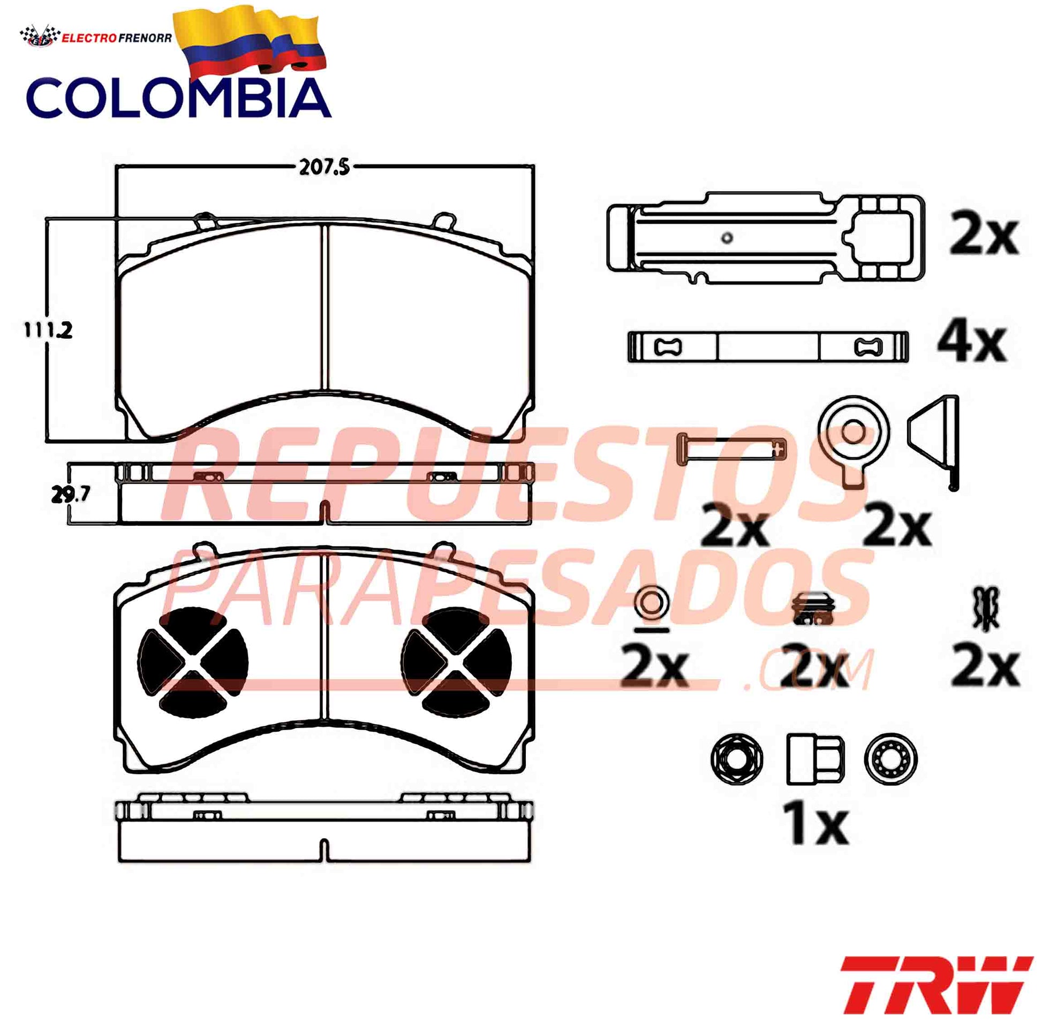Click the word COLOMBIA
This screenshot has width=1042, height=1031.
178,98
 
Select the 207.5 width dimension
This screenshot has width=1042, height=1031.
324,168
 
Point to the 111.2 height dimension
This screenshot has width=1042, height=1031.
48,329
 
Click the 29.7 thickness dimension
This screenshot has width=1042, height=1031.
70,494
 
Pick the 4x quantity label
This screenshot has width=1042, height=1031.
972,344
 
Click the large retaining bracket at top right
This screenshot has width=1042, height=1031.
766,237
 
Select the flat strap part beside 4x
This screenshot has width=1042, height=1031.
768,346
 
